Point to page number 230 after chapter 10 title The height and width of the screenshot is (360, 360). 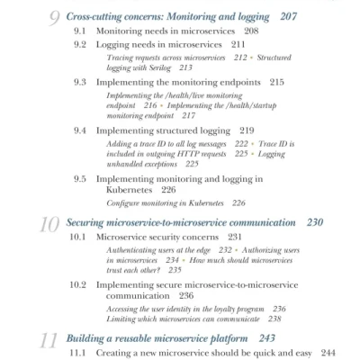(314, 222)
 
